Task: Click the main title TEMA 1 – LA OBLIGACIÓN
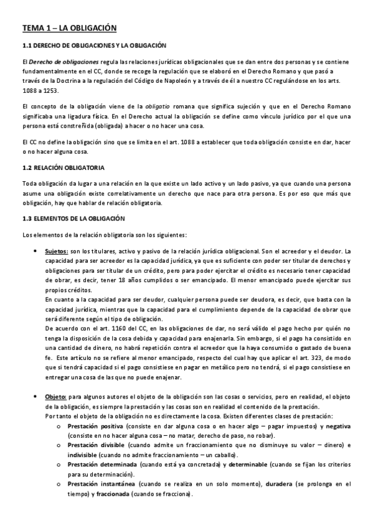[69, 28]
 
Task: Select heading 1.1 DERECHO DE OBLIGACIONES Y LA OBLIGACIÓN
[94, 45]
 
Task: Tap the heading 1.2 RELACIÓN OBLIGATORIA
[63, 168]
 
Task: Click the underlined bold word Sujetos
[57, 250]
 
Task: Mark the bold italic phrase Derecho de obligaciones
[60, 62]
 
